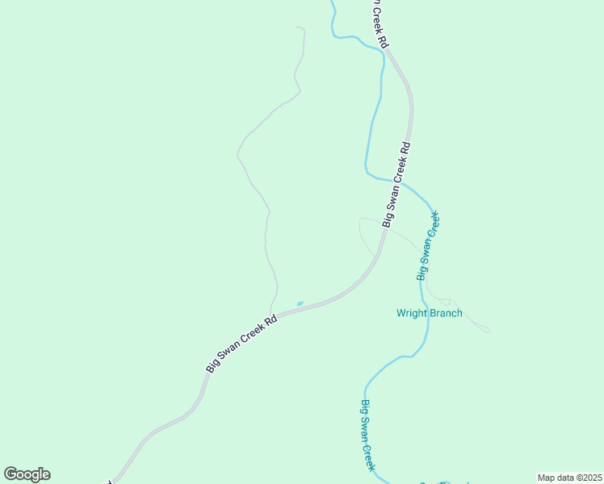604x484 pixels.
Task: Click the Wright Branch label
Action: pos(430,313)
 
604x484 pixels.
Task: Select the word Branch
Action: pos(446,313)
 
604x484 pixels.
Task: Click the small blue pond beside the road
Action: pos(300,304)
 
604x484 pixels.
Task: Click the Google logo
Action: pos(27,474)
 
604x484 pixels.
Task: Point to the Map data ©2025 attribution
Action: pos(569,478)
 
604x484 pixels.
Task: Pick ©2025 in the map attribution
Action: pos(585,478)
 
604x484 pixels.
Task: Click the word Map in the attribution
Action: pos(546,478)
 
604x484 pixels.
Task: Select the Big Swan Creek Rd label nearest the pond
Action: pos(242,342)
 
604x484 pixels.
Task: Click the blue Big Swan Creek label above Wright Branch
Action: pos(428,245)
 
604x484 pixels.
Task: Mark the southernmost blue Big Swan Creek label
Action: pos(367,436)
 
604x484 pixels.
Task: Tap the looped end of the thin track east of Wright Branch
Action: pos(484,328)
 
